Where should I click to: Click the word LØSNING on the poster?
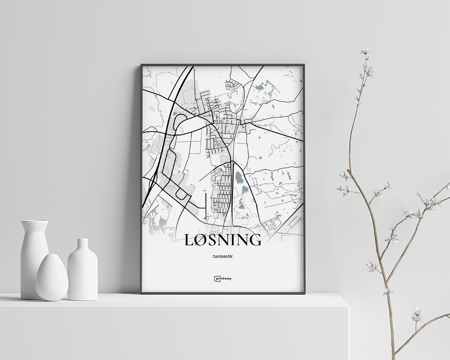tap(223, 239)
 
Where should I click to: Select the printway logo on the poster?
tap(223, 279)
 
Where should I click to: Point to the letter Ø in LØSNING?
tap(200, 239)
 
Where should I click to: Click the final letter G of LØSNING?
tap(255, 239)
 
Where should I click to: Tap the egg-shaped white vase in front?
tap(52, 277)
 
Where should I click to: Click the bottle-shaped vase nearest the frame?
tap(83, 270)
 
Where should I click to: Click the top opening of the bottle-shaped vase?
tap(83, 240)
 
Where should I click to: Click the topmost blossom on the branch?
tap(364, 51)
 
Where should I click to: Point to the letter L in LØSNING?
tap(189, 239)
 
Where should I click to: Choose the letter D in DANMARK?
tap(212, 256)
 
